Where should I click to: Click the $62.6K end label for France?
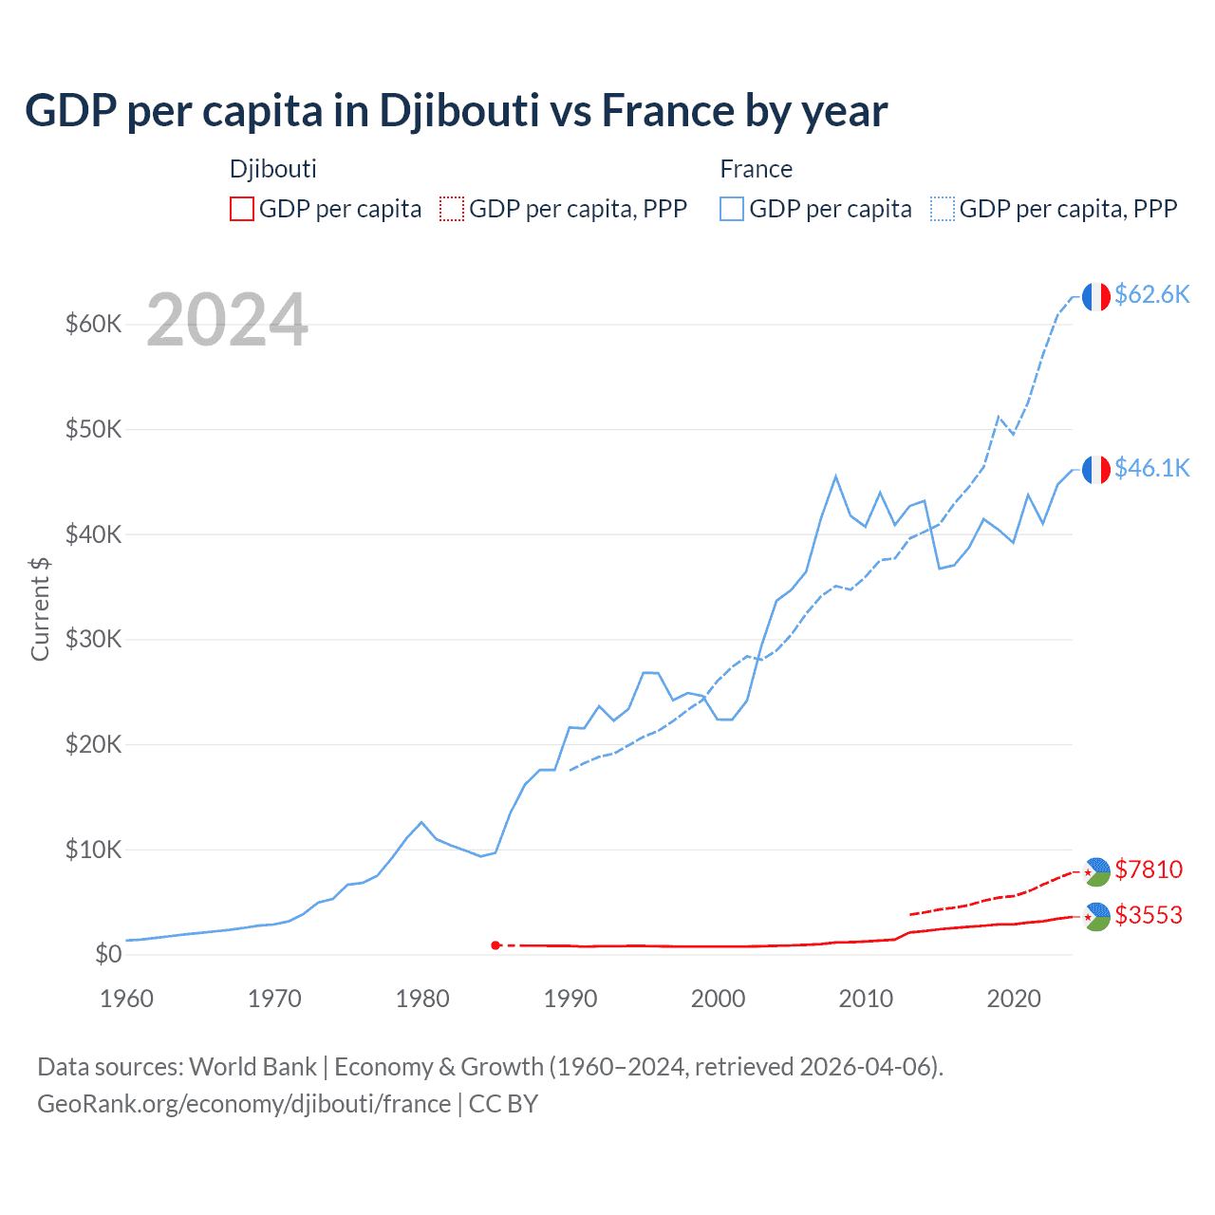(1151, 295)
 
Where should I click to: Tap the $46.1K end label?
(1151, 469)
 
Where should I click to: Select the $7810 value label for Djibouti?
(1149, 869)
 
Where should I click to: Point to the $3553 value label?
(1149, 915)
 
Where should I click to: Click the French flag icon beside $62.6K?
(1096, 297)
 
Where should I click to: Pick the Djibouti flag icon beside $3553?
(1096, 917)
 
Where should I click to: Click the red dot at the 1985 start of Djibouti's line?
(495, 945)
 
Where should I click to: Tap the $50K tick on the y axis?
(94, 430)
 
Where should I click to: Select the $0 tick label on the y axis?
(108, 955)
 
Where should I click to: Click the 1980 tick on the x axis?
(422, 999)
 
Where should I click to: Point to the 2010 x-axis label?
(866, 999)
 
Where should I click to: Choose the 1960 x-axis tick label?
(127, 999)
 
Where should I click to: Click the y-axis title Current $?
(40, 608)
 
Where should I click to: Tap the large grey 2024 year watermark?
(227, 321)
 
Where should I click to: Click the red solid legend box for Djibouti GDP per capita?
(242, 209)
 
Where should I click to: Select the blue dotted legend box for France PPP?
(943, 209)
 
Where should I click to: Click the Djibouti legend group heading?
(273, 169)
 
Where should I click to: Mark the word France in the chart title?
(668, 111)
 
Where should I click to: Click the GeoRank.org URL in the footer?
(244, 1104)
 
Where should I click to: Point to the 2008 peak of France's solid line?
(835, 477)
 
